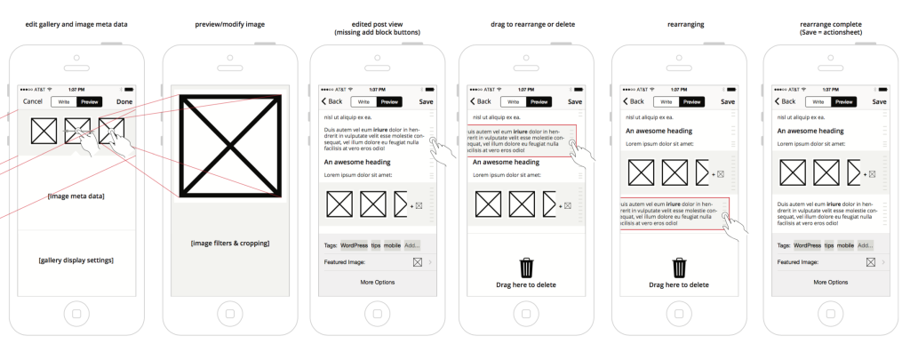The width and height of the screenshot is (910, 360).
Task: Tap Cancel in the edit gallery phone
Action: click(x=33, y=101)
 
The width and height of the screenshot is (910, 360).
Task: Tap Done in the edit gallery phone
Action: click(x=124, y=101)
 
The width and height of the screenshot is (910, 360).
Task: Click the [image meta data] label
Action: click(x=76, y=196)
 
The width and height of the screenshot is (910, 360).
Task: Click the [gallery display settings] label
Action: click(x=76, y=260)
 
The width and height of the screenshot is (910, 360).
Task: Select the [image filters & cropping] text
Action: click(x=229, y=243)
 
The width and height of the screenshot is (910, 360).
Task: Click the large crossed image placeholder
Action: click(x=229, y=144)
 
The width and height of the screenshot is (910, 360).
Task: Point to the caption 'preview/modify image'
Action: click(x=229, y=24)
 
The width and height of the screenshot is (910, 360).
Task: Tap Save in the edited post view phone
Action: click(x=427, y=102)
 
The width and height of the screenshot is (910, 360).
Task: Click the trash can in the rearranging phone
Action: click(x=680, y=267)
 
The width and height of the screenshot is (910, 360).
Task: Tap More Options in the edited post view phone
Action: click(x=378, y=282)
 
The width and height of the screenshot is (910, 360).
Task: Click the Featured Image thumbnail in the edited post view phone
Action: click(x=418, y=262)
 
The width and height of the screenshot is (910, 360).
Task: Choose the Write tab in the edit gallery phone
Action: click(x=62, y=101)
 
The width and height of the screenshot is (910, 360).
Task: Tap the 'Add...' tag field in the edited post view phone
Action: click(x=412, y=244)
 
